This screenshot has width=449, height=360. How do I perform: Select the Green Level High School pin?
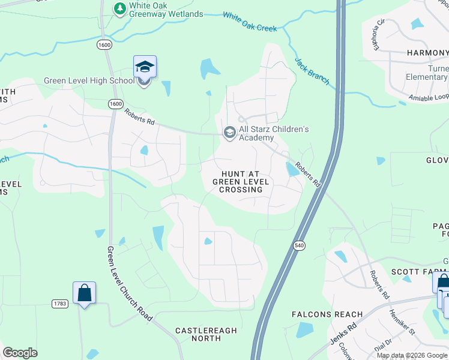pyautogui.click(x=145, y=67)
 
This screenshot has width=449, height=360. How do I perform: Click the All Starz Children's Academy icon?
pyautogui.click(x=229, y=133)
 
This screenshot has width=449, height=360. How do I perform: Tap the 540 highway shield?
pyautogui.click(x=299, y=245)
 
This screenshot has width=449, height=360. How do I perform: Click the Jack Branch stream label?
pyautogui.click(x=312, y=71)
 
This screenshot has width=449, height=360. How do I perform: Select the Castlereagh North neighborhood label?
pyautogui.click(x=206, y=335)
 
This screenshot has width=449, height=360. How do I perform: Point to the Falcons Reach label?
pyautogui.click(x=327, y=314)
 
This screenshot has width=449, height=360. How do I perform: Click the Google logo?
pyautogui.click(x=20, y=353)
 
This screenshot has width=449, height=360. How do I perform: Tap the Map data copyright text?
pyautogui.click(x=412, y=355)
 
